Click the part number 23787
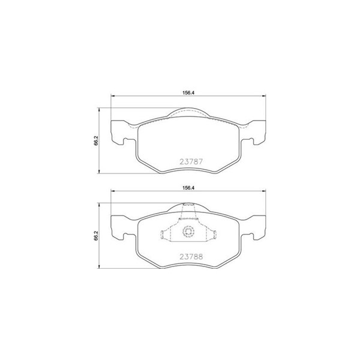pyautogui.click(x=191, y=161)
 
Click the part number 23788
pyautogui.click(x=191, y=256)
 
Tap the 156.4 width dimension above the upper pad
pyautogui.click(x=188, y=93)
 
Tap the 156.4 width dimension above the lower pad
pyautogui.click(x=188, y=188)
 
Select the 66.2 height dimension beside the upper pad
pyautogui.click(x=96, y=140)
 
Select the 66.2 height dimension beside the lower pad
pyautogui.click(x=96, y=235)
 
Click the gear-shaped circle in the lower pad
pyautogui.click(x=188, y=231)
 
